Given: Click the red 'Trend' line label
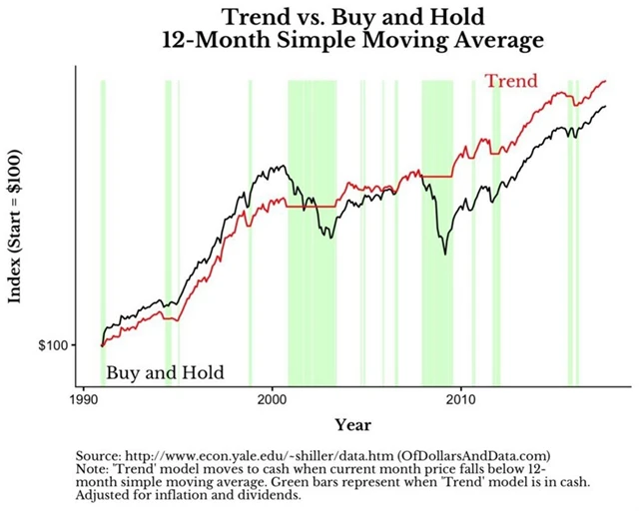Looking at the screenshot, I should [x=511, y=81].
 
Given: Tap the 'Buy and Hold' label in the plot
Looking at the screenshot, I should [x=165, y=373].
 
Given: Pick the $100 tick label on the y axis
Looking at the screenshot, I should [x=52, y=345].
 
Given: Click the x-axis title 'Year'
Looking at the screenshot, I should [x=353, y=424].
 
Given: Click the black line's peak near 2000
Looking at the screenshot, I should [x=283, y=167].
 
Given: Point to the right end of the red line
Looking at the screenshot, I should [x=605, y=81].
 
